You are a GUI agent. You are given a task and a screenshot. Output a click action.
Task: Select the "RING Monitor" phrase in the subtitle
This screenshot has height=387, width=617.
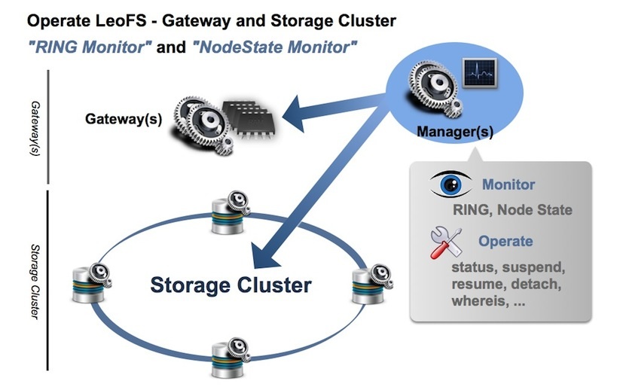[89, 47]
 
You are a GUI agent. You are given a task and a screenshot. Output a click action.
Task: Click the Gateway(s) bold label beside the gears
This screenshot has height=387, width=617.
[124, 119]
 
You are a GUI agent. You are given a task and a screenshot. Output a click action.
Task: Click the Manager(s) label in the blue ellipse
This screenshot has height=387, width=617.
[455, 133]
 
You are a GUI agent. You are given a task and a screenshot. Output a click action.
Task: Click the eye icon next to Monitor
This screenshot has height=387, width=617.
[451, 184]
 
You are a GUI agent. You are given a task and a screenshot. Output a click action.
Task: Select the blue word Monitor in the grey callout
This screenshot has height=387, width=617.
[509, 184]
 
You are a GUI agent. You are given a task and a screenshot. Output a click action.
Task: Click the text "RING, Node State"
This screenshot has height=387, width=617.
[512, 210]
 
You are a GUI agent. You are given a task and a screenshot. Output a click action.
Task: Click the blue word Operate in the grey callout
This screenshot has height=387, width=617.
[506, 242]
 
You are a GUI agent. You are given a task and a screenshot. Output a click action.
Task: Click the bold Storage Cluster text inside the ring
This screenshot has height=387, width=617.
[231, 285]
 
